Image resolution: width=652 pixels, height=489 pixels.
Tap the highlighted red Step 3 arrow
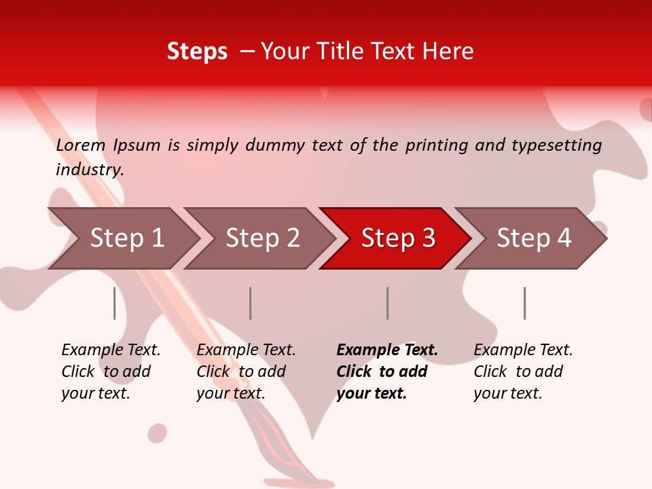398,238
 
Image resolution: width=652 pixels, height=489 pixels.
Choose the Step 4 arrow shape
534,238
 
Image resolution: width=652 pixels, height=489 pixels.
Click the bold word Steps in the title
197,52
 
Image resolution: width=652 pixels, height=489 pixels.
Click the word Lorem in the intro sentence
81,145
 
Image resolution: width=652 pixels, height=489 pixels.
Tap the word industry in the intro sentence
90,169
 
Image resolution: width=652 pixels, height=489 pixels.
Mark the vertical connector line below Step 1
115,303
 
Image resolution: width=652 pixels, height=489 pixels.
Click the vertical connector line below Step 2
251,303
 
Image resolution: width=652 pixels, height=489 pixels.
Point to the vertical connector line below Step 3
388,303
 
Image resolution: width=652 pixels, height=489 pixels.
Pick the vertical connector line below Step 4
524,303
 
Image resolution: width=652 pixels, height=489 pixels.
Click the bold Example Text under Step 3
387,350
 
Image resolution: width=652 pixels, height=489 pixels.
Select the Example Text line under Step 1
111,350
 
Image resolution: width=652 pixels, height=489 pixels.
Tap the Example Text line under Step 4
523,350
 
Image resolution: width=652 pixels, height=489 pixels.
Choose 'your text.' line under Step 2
230,393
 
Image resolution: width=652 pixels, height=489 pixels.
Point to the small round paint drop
158,433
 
